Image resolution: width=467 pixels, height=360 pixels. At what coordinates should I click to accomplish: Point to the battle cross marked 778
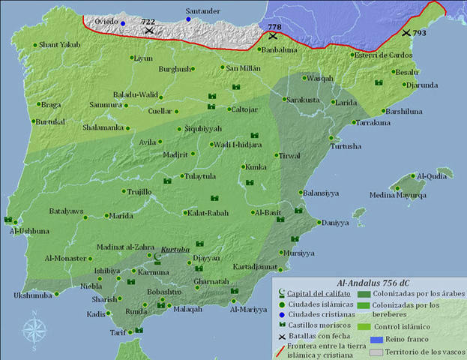click(x=274, y=35)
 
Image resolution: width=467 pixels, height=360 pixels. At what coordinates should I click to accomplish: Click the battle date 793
click(x=420, y=33)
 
